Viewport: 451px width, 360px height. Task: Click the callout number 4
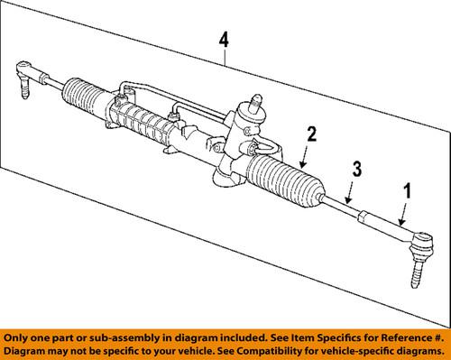[224, 40]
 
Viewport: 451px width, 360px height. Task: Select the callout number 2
[310, 134]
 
